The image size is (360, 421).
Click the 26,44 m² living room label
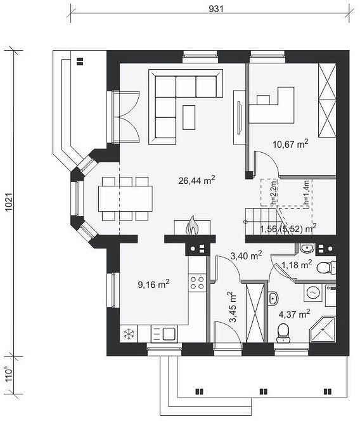(196, 180)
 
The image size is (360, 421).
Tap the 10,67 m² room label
(290, 144)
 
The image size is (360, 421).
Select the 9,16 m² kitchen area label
(153, 284)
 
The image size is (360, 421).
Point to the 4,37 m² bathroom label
(295, 314)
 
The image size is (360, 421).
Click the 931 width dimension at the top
(216, 9)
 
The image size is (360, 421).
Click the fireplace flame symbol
(192, 226)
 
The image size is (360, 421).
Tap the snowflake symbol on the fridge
(129, 334)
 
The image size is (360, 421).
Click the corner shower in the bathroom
(323, 330)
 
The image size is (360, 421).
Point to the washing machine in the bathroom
(313, 292)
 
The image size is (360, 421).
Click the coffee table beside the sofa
(189, 117)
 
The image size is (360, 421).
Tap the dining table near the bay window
(125, 198)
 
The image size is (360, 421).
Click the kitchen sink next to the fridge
(164, 334)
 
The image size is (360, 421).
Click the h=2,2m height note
(273, 193)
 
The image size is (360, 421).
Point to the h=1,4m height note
(307, 194)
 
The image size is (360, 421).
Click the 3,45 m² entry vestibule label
(233, 308)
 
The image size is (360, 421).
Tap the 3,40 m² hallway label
(246, 256)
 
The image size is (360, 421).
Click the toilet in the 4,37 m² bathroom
(283, 333)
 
